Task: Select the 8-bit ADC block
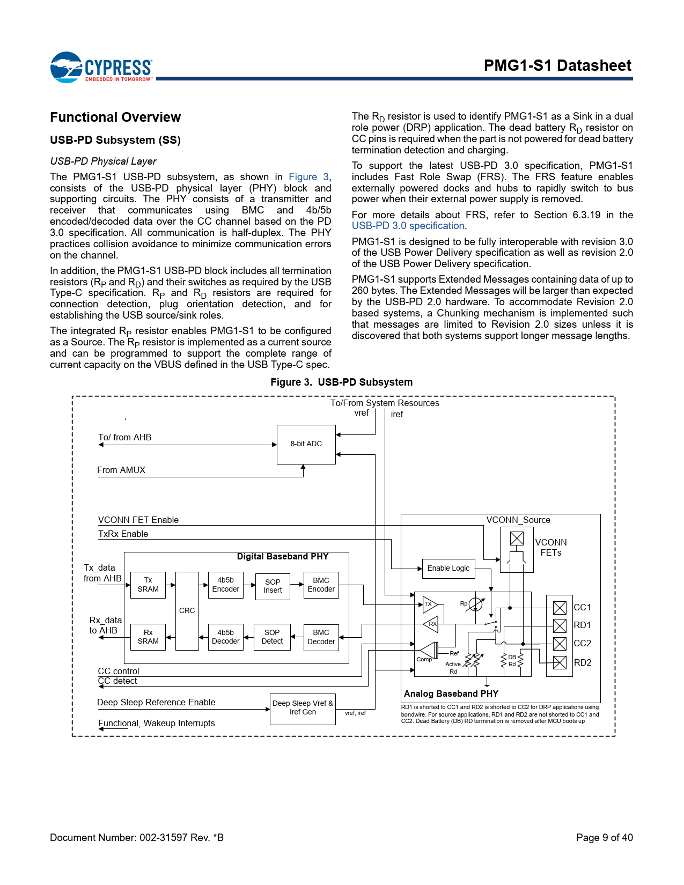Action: coord(306,444)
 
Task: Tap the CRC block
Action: coord(187,611)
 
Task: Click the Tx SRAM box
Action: coord(148,585)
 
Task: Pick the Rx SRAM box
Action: coord(148,637)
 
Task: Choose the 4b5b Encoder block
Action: coord(226,585)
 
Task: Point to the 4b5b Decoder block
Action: coord(226,637)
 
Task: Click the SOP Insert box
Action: coord(273,586)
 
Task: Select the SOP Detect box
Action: coord(273,637)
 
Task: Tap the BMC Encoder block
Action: coord(321,585)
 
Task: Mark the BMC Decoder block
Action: coord(321,637)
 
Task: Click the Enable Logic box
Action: coord(448,569)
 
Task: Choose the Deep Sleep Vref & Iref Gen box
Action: coord(303,708)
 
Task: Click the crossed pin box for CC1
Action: coord(560,608)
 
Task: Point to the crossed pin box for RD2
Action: coord(560,663)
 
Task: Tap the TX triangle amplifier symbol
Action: coord(429,604)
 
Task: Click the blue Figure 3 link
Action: coord(309,177)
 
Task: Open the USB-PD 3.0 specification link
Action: coord(408,226)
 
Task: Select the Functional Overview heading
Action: coord(115,117)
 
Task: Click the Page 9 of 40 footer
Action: coord(604,837)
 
